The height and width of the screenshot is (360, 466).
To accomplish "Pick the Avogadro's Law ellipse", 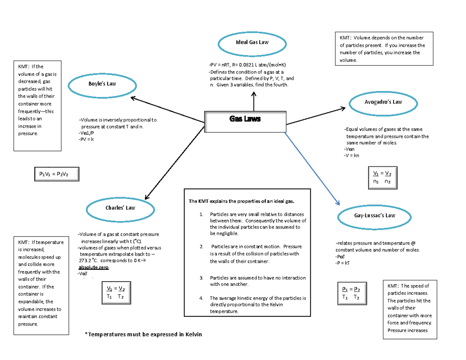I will [383, 103].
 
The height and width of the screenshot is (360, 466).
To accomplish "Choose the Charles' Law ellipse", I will [120, 208].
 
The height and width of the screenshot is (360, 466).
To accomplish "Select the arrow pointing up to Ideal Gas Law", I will [254, 101].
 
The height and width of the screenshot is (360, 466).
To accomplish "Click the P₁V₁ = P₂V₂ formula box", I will [56, 174].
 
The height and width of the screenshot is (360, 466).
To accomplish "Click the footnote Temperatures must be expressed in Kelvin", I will [143, 334].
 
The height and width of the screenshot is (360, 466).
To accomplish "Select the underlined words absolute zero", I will [94, 268].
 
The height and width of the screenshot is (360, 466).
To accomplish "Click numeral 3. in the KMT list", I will [201, 278].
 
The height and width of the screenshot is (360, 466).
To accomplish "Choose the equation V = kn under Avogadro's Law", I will [351, 155].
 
